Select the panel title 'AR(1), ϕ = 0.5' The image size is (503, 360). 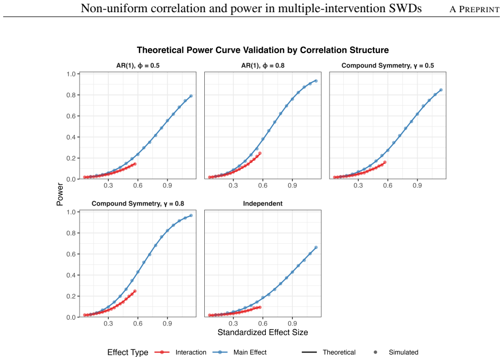(137, 65)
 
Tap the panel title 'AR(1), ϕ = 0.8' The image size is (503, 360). (263, 65)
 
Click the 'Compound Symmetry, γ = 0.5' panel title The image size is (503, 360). (387, 65)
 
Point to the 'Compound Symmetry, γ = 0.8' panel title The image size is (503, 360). (137, 203)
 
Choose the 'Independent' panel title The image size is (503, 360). (263, 203)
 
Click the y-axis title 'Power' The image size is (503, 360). (59, 194)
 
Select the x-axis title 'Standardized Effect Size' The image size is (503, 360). (263, 332)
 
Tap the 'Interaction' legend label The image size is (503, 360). (191, 352)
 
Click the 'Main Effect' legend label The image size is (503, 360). (250, 352)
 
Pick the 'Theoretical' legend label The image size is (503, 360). (339, 352)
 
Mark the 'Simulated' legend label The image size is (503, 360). (404, 352)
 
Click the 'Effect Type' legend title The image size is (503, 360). (128, 352)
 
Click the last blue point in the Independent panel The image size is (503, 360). (316, 247)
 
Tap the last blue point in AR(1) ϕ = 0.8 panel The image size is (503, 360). (316, 81)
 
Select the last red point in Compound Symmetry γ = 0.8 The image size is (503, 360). (135, 291)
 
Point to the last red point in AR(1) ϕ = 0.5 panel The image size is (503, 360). (135, 164)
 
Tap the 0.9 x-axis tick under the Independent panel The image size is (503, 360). (292, 323)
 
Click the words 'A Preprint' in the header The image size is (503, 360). (474, 9)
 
